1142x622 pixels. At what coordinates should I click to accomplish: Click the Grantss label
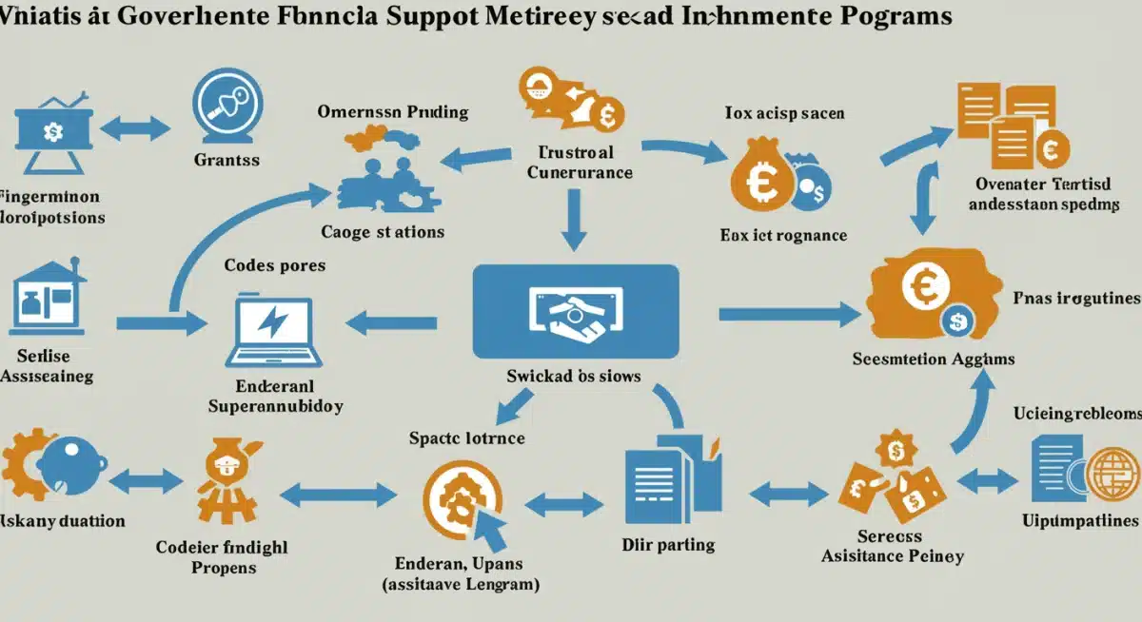click(x=226, y=160)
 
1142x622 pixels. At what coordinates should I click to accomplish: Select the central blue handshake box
click(x=575, y=312)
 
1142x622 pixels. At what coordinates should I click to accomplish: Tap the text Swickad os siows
click(x=573, y=376)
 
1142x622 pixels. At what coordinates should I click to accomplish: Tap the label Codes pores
click(x=274, y=264)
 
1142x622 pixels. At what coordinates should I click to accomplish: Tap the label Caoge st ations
click(x=383, y=231)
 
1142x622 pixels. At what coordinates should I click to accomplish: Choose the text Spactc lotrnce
click(x=466, y=438)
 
